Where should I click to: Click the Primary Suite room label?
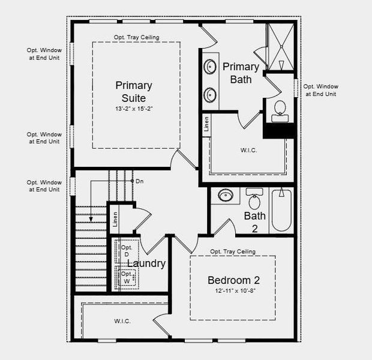(x=133, y=91)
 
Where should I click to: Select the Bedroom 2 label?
(x=233, y=280)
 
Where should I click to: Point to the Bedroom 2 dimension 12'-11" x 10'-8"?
(x=233, y=292)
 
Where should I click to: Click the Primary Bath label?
(x=241, y=73)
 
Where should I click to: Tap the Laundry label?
(x=146, y=263)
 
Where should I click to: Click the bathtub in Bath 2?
(x=281, y=211)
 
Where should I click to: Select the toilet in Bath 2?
(x=254, y=199)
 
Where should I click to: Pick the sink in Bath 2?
(x=226, y=196)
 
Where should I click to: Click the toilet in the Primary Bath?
(x=279, y=109)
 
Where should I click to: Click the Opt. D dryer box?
(x=127, y=251)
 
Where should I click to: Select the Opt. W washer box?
(x=127, y=277)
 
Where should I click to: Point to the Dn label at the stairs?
(x=139, y=181)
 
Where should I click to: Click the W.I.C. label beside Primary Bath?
(x=248, y=150)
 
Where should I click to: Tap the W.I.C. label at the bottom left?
(x=122, y=321)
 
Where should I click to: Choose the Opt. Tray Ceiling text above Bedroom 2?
(x=233, y=251)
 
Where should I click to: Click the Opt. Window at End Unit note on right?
(x=321, y=90)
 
